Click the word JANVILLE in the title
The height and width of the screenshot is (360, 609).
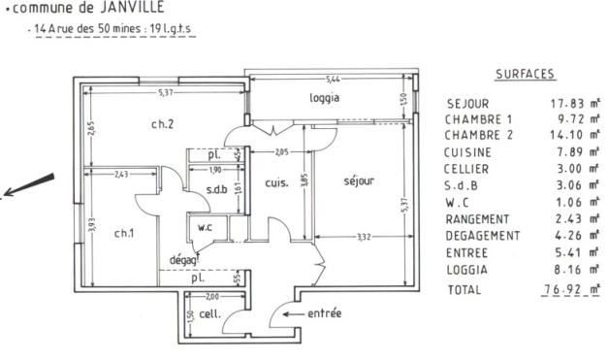[132, 7]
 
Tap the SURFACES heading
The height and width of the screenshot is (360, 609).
[525, 74]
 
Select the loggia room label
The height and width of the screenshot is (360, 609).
[324, 98]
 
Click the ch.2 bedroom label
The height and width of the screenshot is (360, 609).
[162, 124]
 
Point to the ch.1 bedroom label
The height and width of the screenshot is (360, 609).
[124, 233]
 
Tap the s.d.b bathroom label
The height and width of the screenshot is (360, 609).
[216, 189]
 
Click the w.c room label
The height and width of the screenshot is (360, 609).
[205, 227]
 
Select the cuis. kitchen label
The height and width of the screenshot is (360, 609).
[277, 182]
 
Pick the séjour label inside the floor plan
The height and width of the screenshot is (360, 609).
[359, 181]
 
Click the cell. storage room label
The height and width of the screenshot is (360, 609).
[210, 313]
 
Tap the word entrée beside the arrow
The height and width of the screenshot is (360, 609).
[324, 313]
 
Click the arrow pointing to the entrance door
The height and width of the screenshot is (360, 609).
[293, 314]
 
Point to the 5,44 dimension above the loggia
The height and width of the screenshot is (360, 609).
[333, 80]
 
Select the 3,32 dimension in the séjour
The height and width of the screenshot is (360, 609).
[364, 237]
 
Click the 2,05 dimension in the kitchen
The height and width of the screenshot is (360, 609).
[281, 152]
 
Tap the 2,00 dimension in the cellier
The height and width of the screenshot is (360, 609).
[212, 297]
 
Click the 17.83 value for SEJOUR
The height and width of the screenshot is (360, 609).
[567, 104]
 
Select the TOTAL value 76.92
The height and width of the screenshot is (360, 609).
[561, 289]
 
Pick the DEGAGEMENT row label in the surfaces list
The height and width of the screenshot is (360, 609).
[482, 236]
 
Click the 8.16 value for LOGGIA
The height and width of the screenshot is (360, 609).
[568, 270]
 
